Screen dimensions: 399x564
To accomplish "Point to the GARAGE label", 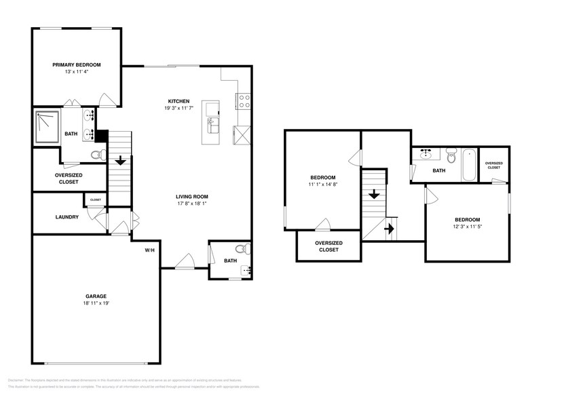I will click(96, 295).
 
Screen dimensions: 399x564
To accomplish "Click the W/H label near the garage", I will click(149, 250).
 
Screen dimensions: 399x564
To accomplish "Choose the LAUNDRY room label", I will click(67, 217).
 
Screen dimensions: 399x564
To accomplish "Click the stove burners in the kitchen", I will click(243, 102).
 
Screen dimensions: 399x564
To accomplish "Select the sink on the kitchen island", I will click(211, 126).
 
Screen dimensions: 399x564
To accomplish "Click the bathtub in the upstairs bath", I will click(469, 165).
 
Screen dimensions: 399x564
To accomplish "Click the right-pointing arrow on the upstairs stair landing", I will click(390, 229).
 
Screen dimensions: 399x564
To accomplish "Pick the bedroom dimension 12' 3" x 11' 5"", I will click(467, 227).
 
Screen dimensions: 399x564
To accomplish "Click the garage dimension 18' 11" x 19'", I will click(96, 303).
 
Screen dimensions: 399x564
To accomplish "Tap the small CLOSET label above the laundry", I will click(95, 199).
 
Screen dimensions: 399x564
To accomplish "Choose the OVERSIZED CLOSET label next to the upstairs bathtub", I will click(493, 166).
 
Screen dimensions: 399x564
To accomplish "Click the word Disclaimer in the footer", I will click(17, 381).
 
